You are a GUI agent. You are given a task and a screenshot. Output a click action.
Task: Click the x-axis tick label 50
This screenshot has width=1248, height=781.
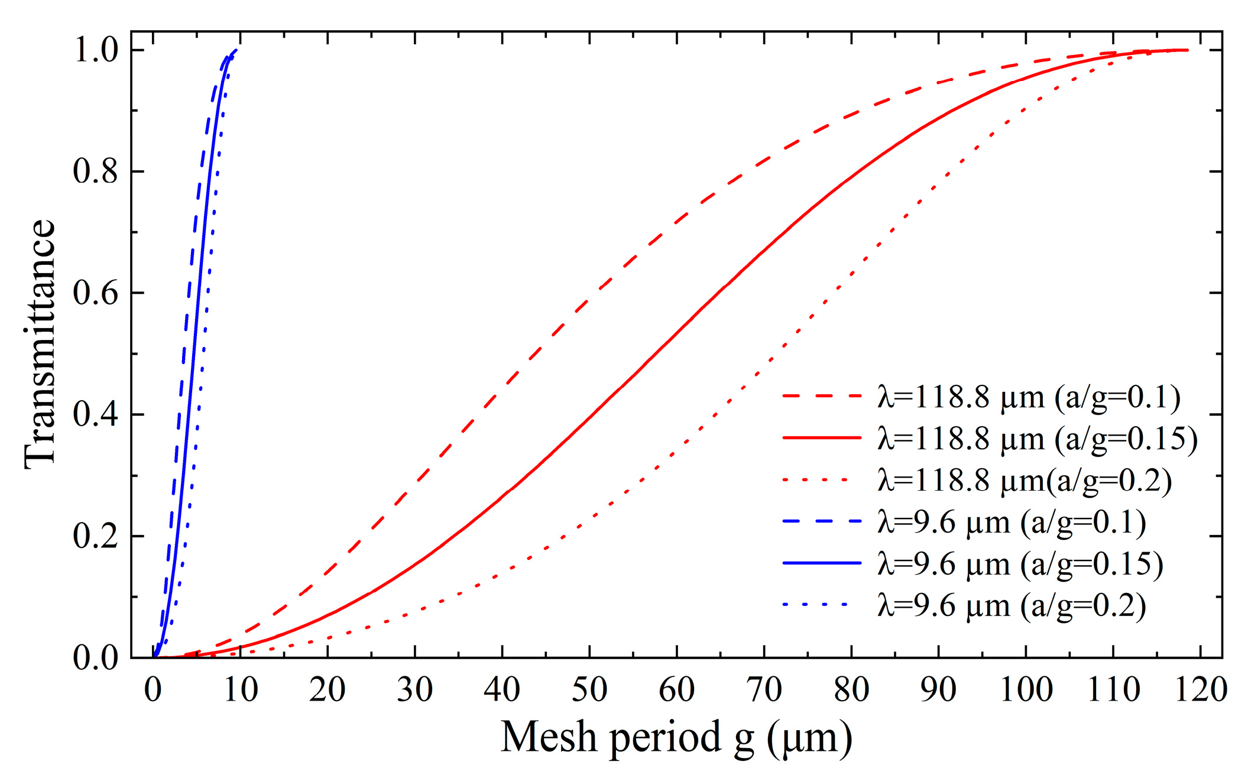[589, 689]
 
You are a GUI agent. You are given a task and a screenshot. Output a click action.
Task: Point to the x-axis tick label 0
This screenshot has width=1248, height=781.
[153, 689]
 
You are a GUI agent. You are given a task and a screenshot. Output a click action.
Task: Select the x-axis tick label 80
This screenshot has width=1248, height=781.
[851, 689]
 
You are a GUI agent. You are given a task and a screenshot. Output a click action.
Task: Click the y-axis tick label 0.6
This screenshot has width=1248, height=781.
[95, 293]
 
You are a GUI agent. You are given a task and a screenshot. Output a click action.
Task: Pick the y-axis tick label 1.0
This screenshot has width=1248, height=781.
[95, 50]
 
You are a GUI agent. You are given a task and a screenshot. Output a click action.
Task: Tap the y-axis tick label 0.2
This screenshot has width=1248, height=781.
[95, 536]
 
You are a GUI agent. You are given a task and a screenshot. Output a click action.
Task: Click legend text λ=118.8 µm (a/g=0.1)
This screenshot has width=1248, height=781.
[1029, 397]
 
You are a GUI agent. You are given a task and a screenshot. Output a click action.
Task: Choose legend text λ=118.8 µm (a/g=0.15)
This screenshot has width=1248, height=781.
[1038, 439]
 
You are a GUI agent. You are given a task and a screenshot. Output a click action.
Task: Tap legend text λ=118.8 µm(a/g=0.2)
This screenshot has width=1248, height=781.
[1025, 480]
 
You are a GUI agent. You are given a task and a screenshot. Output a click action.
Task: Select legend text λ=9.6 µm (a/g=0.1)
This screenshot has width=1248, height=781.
[1012, 522]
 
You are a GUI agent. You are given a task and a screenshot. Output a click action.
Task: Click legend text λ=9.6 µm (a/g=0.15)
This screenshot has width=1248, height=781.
[1020, 564]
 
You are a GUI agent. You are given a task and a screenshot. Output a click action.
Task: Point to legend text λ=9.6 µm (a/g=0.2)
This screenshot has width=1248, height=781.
[1012, 606]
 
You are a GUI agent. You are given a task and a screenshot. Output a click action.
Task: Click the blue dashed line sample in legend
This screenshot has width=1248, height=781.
[822, 521]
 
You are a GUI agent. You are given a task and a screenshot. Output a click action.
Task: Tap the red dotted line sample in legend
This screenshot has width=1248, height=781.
[822, 480]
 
